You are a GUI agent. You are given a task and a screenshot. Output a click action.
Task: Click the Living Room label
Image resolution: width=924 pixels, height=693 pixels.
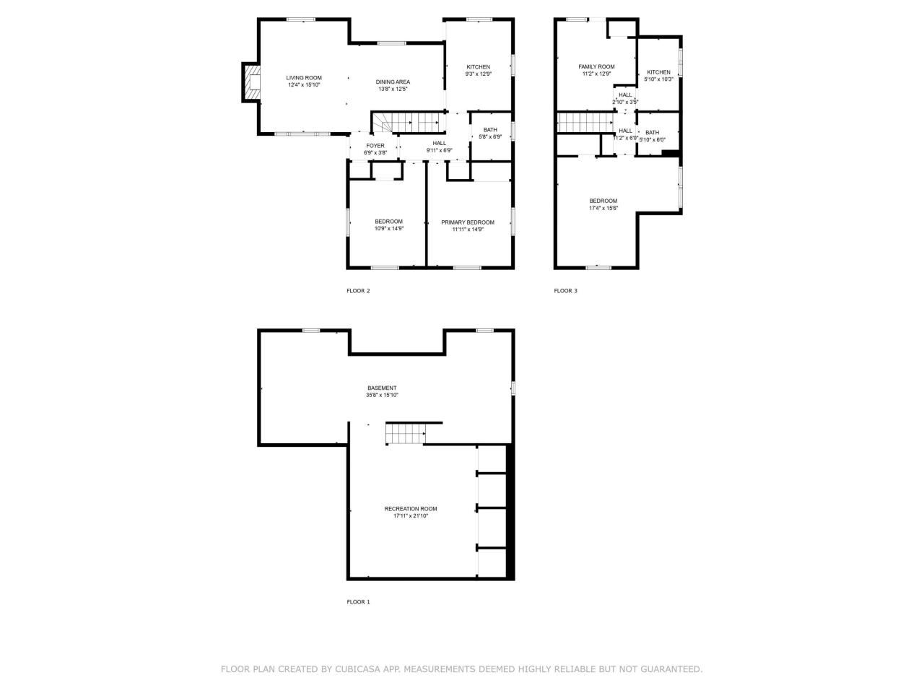[x=303, y=78]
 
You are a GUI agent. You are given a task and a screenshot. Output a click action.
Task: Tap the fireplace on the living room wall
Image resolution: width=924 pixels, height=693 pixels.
[x=251, y=82]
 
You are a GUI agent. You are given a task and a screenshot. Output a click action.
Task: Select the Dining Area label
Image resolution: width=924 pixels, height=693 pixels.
[x=393, y=82]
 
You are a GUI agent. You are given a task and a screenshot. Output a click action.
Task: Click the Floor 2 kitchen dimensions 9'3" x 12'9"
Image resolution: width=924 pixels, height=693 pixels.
[x=478, y=74]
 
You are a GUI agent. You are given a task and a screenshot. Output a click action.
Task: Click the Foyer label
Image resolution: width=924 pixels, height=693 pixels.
[x=375, y=146]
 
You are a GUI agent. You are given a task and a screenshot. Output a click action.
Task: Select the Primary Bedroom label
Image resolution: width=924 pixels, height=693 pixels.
[x=468, y=222]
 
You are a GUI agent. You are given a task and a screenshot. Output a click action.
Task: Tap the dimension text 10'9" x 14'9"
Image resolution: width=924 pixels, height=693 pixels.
[x=388, y=229]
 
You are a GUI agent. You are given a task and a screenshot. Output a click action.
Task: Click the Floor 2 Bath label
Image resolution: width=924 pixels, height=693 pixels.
[x=490, y=130]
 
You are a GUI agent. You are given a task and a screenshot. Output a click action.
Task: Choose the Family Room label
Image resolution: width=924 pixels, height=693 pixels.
[x=596, y=66]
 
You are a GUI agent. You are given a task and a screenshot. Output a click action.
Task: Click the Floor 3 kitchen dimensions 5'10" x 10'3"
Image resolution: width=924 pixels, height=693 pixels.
[x=658, y=79]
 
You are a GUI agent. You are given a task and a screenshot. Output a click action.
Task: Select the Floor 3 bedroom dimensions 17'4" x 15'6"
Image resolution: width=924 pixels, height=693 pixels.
[x=603, y=208]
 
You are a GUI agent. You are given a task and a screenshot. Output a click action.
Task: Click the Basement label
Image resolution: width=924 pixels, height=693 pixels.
[x=382, y=388]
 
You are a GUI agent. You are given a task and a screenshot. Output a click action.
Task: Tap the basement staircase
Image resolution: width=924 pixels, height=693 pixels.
[x=404, y=434]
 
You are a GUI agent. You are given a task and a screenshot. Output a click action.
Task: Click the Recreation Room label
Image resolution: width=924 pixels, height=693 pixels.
[x=410, y=509]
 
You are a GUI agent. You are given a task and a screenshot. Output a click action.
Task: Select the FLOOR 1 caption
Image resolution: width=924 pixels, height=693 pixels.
[x=358, y=602]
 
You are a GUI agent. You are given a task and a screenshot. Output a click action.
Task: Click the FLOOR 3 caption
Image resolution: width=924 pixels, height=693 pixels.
[x=565, y=291]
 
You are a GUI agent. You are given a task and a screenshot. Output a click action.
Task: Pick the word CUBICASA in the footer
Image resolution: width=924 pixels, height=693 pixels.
[x=358, y=669]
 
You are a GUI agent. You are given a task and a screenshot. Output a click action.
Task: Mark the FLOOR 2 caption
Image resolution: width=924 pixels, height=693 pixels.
[x=358, y=291]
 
